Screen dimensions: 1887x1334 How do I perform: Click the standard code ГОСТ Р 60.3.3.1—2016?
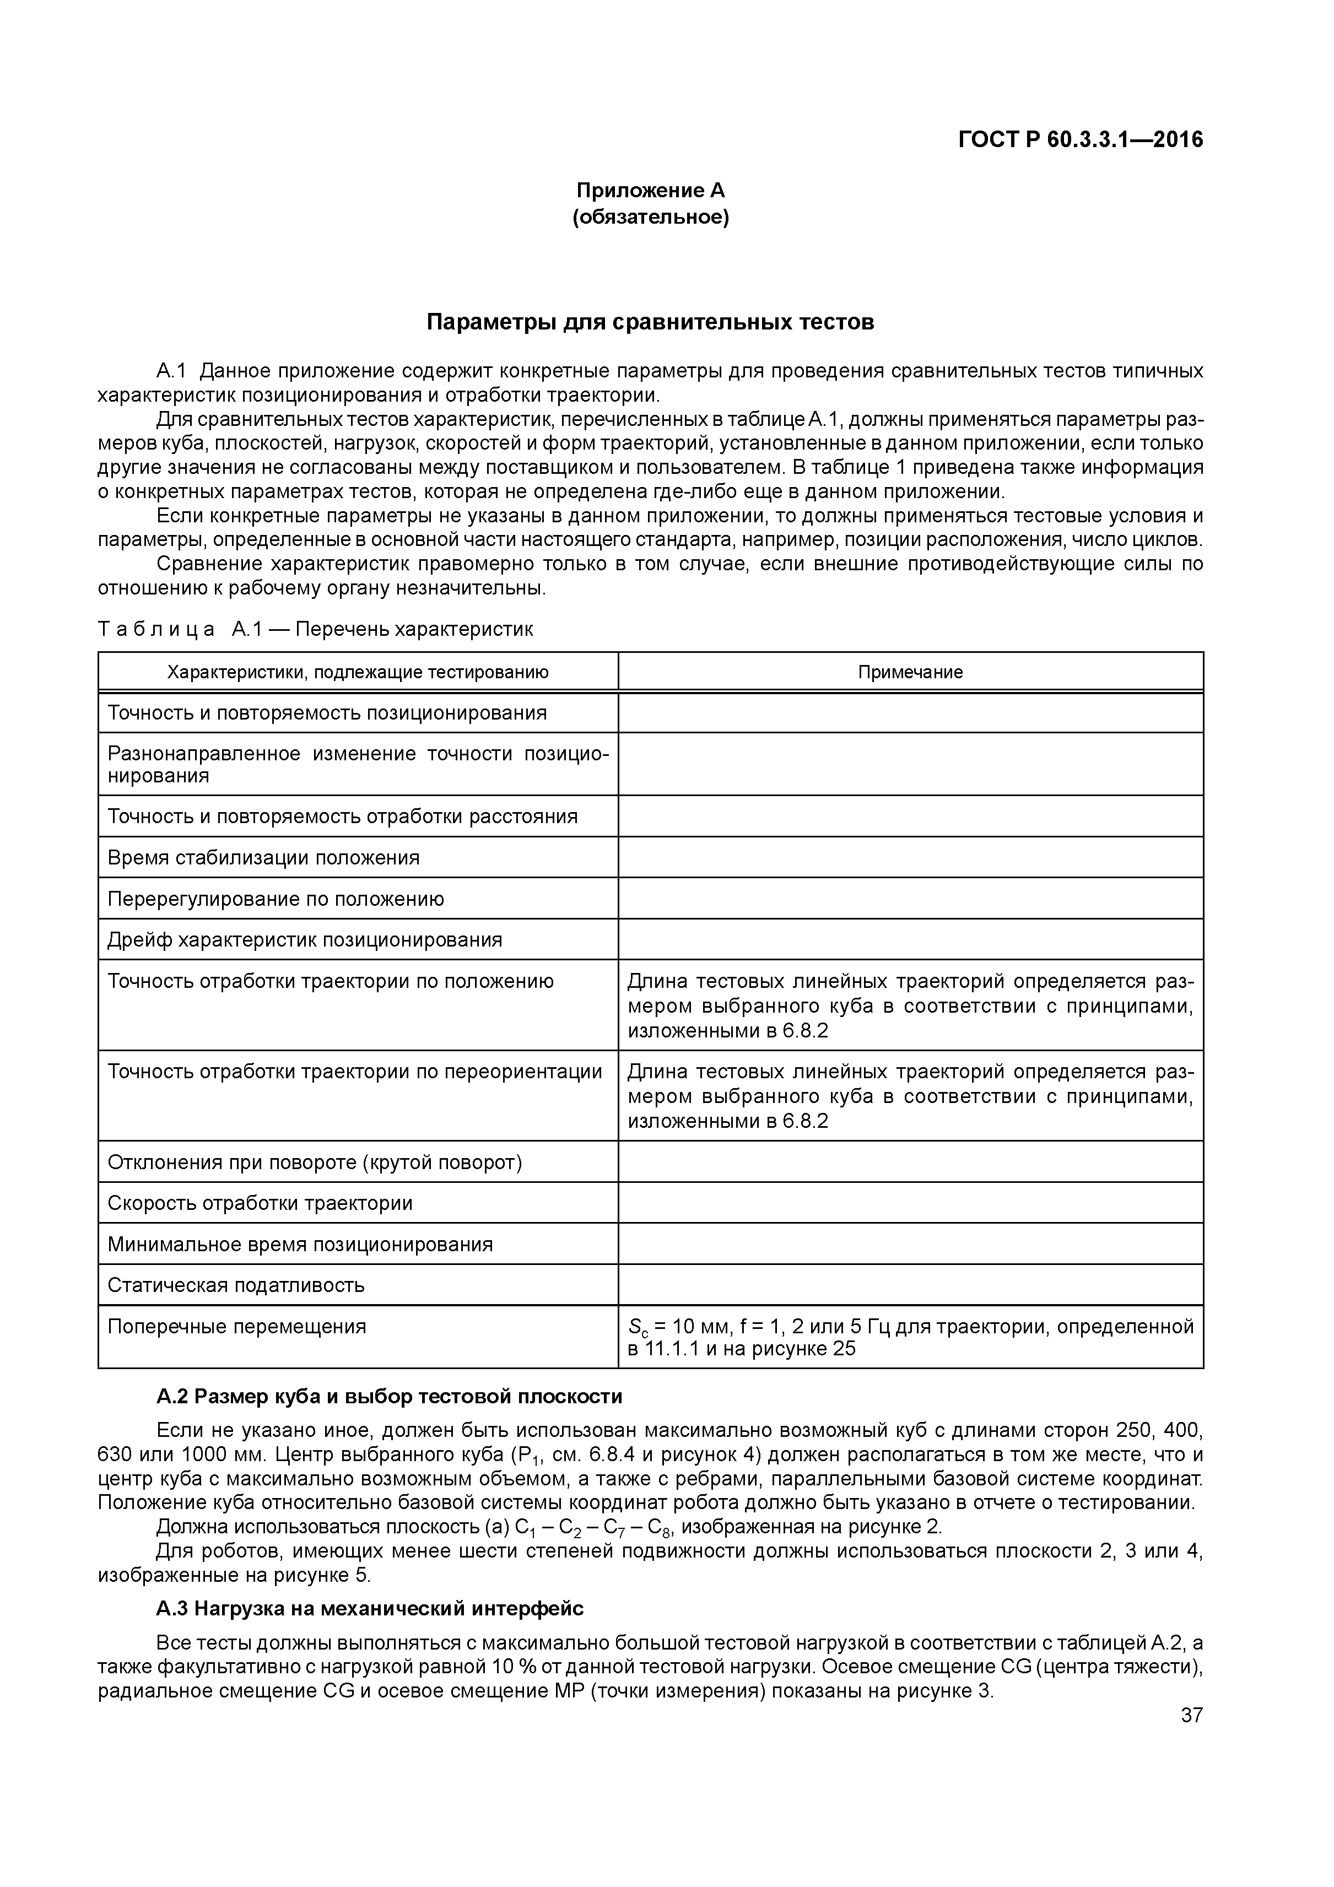pos(1080,140)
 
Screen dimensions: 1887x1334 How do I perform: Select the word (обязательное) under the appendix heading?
pos(650,217)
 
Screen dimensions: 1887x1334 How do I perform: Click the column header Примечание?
pos(910,672)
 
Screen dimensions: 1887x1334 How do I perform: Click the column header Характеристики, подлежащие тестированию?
pos(358,672)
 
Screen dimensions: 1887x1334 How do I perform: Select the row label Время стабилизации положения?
pos(263,858)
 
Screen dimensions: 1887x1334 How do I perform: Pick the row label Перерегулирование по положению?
pos(276,899)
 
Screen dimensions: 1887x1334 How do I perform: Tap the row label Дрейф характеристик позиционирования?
pos(304,940)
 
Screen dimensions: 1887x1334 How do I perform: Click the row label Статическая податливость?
pos(236,1285)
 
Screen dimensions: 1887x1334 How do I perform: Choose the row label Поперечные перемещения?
pos(237,1327)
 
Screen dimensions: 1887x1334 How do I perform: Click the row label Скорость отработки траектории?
pos(260,1203)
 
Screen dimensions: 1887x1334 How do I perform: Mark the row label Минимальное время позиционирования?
pos(300,1244)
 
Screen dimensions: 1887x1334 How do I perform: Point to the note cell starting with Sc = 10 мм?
pos(910,1337)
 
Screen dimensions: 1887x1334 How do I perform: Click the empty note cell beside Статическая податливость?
pos(910,1285)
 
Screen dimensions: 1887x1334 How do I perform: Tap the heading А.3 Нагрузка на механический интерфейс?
pos(370,1608)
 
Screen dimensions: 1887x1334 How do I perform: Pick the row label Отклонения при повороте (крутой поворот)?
pos(315,1162)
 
